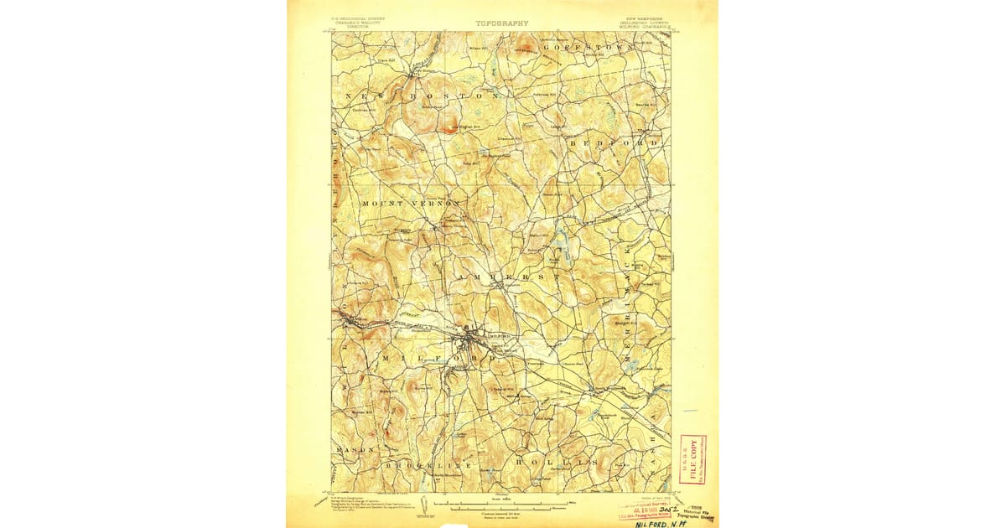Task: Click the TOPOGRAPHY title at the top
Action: click(x=502, y=23)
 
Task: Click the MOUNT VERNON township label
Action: click(x=412, y=204)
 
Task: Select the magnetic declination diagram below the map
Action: click(x=424, y=504)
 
